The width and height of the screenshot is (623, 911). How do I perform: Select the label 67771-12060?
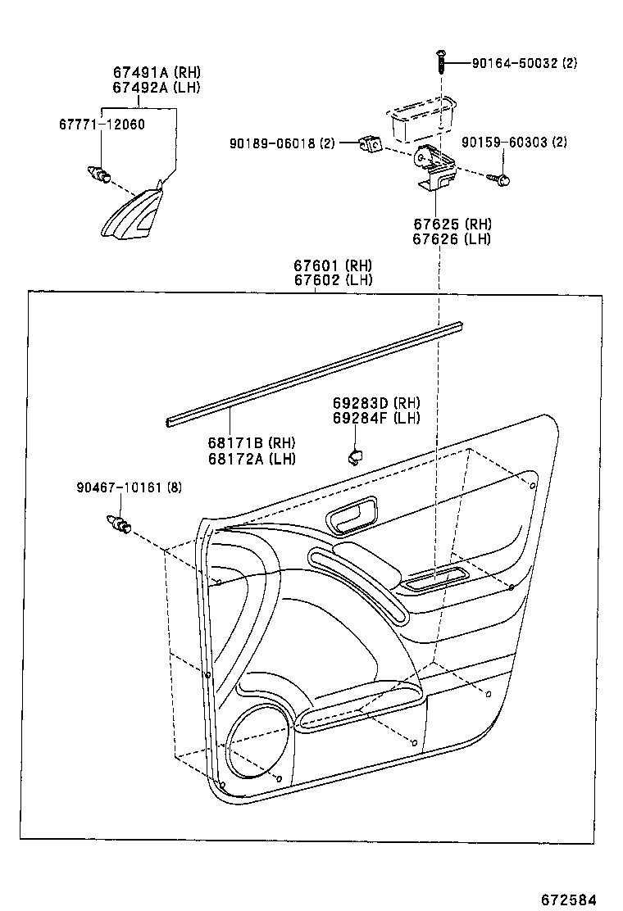coord(102,124)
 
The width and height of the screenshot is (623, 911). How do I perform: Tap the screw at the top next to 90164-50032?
coord(442,61)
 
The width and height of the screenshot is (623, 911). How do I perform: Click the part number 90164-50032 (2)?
coord(524,62)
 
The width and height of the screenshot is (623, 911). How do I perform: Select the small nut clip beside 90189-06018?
coord(371,144)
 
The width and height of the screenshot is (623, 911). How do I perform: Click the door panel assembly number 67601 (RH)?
coord(333,265)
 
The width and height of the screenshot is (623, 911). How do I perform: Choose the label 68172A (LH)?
coord(252,458)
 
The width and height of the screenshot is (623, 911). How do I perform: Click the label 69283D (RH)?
coord(376,402)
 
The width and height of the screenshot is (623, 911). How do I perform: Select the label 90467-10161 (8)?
coord(129,487)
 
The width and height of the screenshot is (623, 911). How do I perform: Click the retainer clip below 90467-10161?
coord(119,523)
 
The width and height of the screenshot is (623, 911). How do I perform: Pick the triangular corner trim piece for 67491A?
coord(134,215)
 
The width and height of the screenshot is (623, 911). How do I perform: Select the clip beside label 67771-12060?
coord(100,174)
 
